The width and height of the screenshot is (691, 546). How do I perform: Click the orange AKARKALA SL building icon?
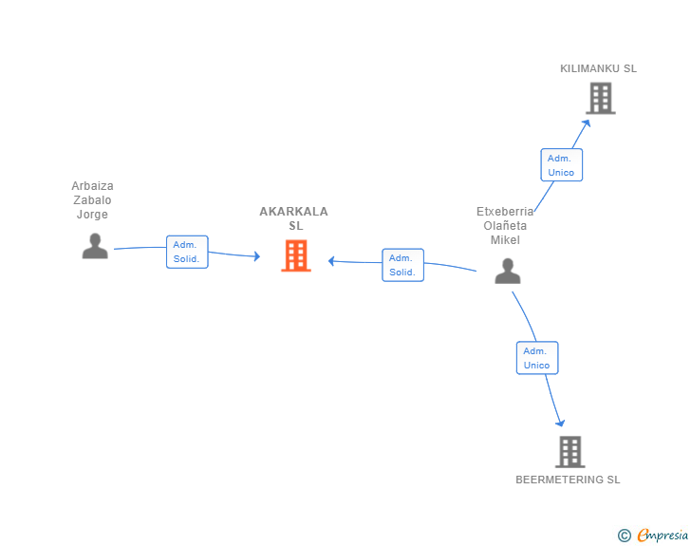pos(296,255)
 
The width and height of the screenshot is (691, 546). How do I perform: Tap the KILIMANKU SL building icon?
pos(601,99)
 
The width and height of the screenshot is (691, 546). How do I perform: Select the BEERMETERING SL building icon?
pos(570,452)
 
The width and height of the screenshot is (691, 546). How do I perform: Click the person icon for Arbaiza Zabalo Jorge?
pos(95,246)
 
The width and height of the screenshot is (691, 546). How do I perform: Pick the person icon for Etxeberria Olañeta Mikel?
pos(508,271)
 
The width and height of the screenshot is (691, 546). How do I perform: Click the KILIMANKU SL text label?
pos(598,68)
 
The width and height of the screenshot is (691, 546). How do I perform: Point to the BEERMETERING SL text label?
pos(568,480)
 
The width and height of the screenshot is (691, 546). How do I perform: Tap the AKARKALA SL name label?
pos(294,218)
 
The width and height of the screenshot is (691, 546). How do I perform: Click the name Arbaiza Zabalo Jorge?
pos(93,199)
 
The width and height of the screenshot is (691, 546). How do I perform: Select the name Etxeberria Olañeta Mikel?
pos(505,225)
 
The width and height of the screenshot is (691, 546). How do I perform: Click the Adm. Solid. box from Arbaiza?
pos(187,252)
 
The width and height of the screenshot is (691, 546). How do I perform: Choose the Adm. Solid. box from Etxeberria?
pos(402,265)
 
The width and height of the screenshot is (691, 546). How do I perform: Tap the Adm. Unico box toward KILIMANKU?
pos(562,165)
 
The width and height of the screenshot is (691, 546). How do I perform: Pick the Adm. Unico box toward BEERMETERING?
pos(537,358)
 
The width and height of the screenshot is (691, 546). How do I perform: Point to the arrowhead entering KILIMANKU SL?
pos(587,123)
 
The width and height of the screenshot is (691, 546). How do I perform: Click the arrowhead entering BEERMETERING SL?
pos(561,423)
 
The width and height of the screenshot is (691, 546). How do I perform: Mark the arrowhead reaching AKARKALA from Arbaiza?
pos(257,256)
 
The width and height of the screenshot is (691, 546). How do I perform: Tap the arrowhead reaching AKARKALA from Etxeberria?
pos(331,261)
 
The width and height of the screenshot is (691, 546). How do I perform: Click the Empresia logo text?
pos(663,536)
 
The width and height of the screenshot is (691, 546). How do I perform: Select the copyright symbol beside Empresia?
pos(625,536)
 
